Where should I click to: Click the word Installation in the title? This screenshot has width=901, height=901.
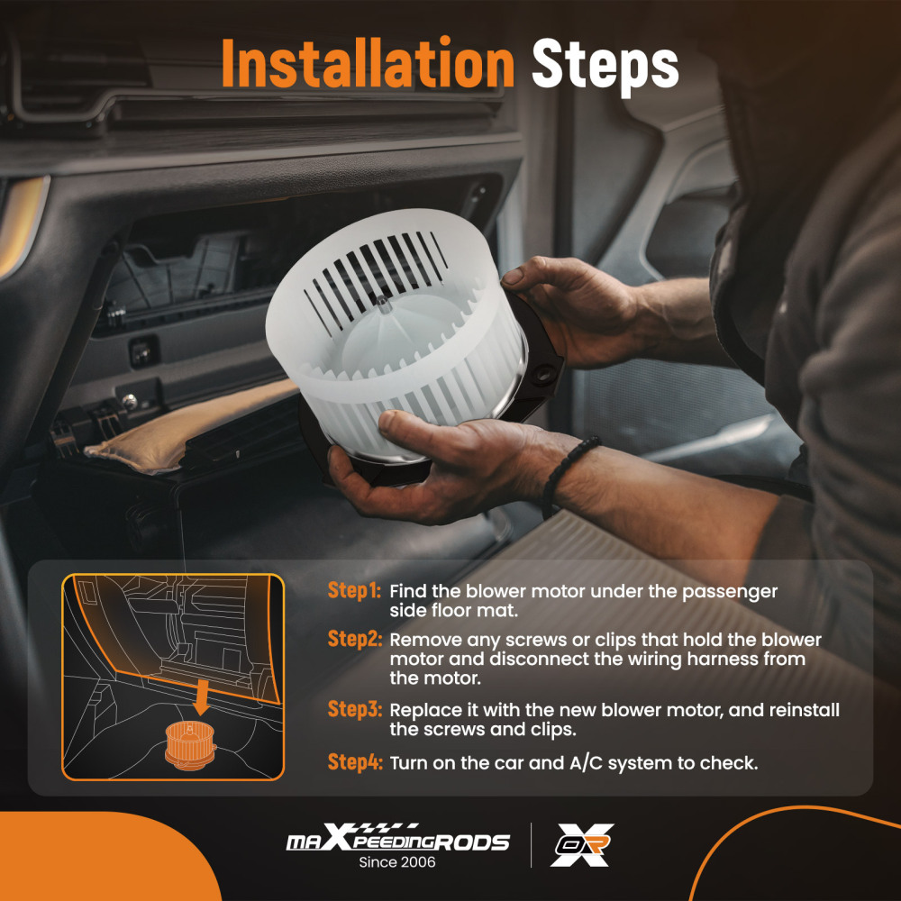tap(368, 63)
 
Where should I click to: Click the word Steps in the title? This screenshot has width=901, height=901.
tap(605, 66)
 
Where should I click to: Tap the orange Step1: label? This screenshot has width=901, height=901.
tap(354, 590)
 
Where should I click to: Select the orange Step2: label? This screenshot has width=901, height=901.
tap(354, 639)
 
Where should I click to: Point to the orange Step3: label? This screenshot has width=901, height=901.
tap(354, 709)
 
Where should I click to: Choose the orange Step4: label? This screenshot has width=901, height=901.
tap(354, 762)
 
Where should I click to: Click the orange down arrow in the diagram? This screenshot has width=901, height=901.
tap(201, 696)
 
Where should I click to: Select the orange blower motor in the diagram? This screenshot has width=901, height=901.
tap(190, 745)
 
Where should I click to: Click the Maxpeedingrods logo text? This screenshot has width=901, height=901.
tap(397, 838)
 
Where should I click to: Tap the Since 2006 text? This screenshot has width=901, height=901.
tap(397, 862)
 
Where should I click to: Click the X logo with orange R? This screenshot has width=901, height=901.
tap(581, 845)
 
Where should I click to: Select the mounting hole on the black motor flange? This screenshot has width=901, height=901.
tap(542, 374)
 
